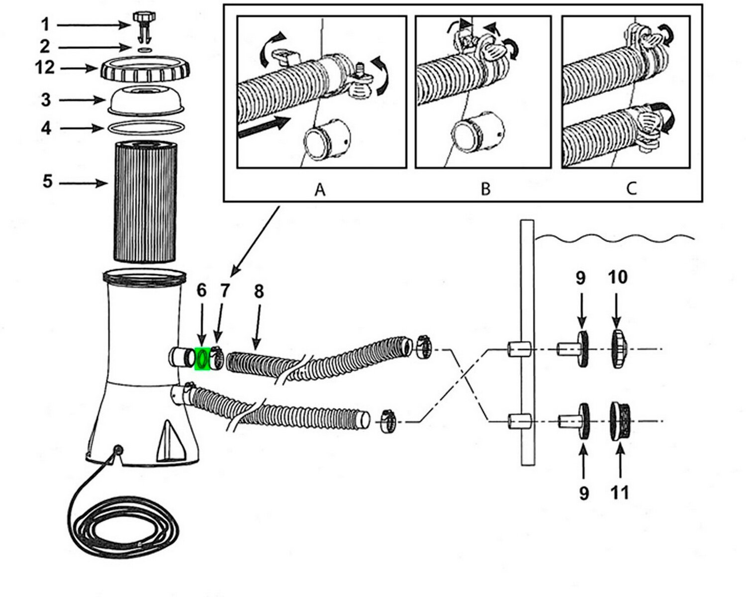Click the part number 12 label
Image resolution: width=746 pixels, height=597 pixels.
coord(44,67)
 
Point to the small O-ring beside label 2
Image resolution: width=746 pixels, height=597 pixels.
coord(144,50)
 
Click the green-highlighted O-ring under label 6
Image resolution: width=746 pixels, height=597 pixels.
coord(202,359)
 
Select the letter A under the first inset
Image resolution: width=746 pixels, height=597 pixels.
coord(320,190)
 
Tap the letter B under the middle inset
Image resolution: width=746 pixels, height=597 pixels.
coord(485,190)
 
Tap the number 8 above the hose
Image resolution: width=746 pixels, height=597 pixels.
coord(259,292)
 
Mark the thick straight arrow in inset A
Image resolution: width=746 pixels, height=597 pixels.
coord(264,125)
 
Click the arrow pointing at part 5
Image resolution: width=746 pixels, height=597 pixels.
coord(85,184)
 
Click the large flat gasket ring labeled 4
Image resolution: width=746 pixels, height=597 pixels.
coord(144,128)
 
